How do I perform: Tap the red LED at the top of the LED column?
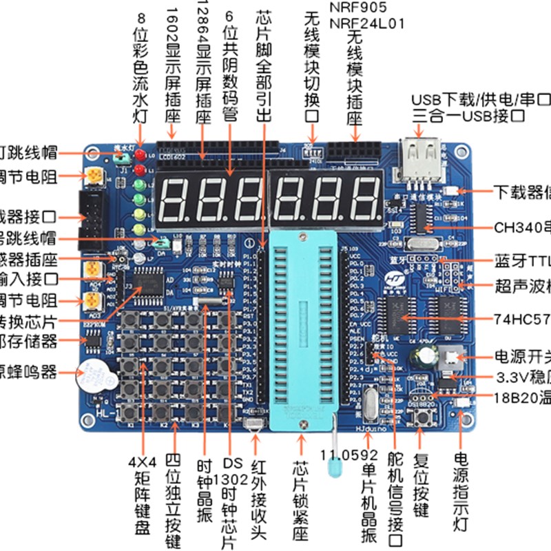coord(140,154)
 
